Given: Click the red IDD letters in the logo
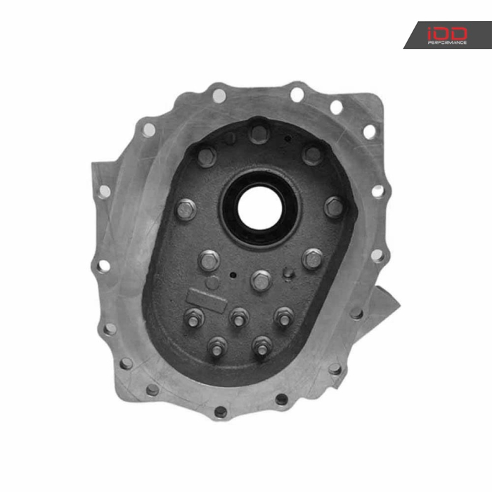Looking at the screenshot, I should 446,32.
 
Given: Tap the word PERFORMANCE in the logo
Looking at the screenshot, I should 447,42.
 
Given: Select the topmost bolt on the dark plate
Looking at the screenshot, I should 259,132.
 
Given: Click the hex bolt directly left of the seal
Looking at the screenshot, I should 186,209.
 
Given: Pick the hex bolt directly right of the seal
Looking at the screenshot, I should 333,207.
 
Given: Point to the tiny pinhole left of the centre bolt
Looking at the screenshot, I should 233,273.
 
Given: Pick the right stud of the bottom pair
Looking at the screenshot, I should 261,346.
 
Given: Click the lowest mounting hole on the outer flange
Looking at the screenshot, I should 221,413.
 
